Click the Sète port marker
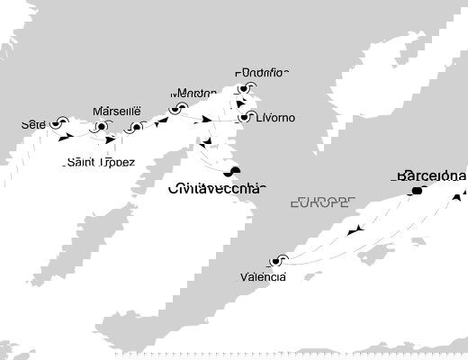[60, 122]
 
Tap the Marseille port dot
[101, 127]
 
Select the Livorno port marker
[243, 117]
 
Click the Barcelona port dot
[417, 191]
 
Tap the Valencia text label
[264, 277]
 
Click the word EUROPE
[321, 203]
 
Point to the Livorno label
[274, 118]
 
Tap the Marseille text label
[118, 111]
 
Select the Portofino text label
[262, 73]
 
